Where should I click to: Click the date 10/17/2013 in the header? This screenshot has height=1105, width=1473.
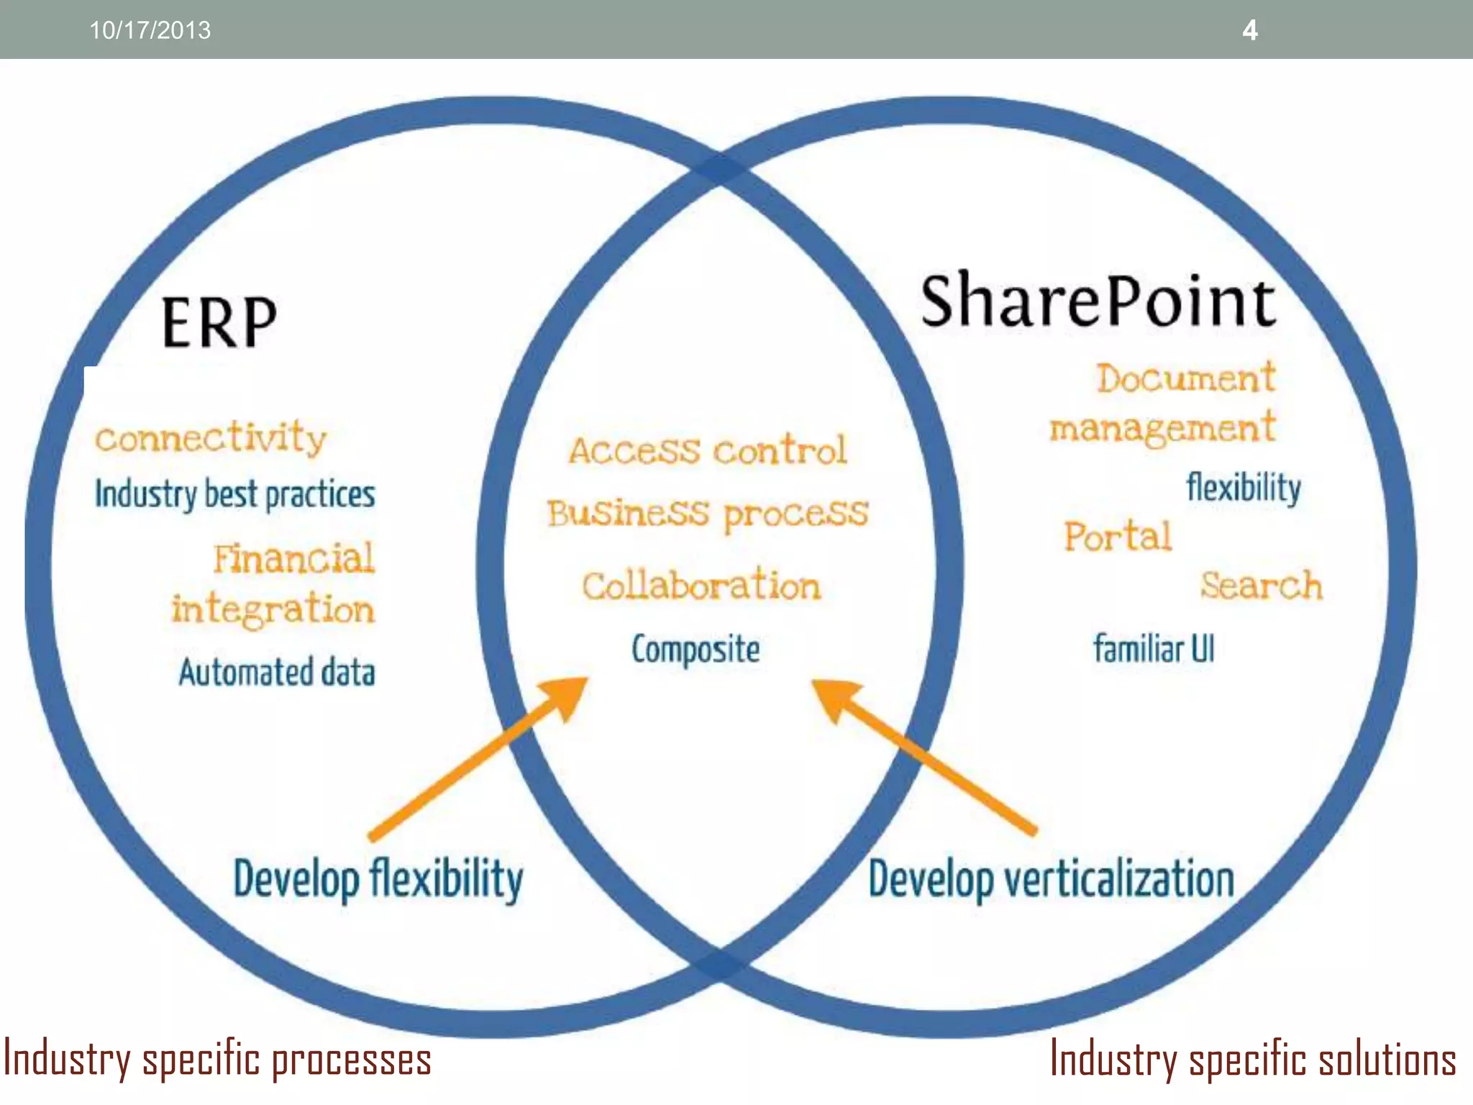[x=150, y=30]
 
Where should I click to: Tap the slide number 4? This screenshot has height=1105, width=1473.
[x=1250, y=30]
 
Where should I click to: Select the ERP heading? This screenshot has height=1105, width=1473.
[x=219, y=323]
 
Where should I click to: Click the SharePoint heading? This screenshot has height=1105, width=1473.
[x=1098, y=301]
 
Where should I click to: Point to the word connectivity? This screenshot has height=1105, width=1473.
[x=211, y=437]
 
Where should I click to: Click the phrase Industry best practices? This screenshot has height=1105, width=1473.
[x=235, y=494]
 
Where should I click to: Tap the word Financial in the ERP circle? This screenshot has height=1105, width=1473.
[x=293, y=558]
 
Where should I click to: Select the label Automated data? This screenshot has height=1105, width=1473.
[x=277, y=672]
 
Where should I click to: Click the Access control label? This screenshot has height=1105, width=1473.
[x=708, y=450]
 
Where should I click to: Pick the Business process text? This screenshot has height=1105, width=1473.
[x=708, y=514]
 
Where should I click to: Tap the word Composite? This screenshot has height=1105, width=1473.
[x=696, y=649]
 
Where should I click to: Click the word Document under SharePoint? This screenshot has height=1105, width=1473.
[x=1185, y=378]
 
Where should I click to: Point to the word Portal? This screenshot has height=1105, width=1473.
[x=1118, y=537]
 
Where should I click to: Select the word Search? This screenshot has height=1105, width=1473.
[x=1262, y=585]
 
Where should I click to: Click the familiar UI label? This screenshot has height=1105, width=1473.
[x=1154, y=648]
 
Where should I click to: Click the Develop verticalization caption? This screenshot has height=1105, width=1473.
[x=1051, y=879]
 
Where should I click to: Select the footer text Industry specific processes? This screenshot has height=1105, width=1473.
[x=217, y=1060]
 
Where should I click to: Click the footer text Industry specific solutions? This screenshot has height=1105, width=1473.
[x=1253, y=1060]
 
